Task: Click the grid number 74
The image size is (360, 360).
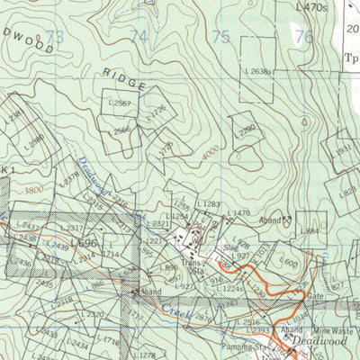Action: click(139, 37)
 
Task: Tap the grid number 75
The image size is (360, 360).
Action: click(220, 37)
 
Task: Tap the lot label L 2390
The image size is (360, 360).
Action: click(244, 128)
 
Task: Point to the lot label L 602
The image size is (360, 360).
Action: click(289, 262)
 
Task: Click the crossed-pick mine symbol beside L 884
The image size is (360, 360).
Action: click(287, 219)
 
